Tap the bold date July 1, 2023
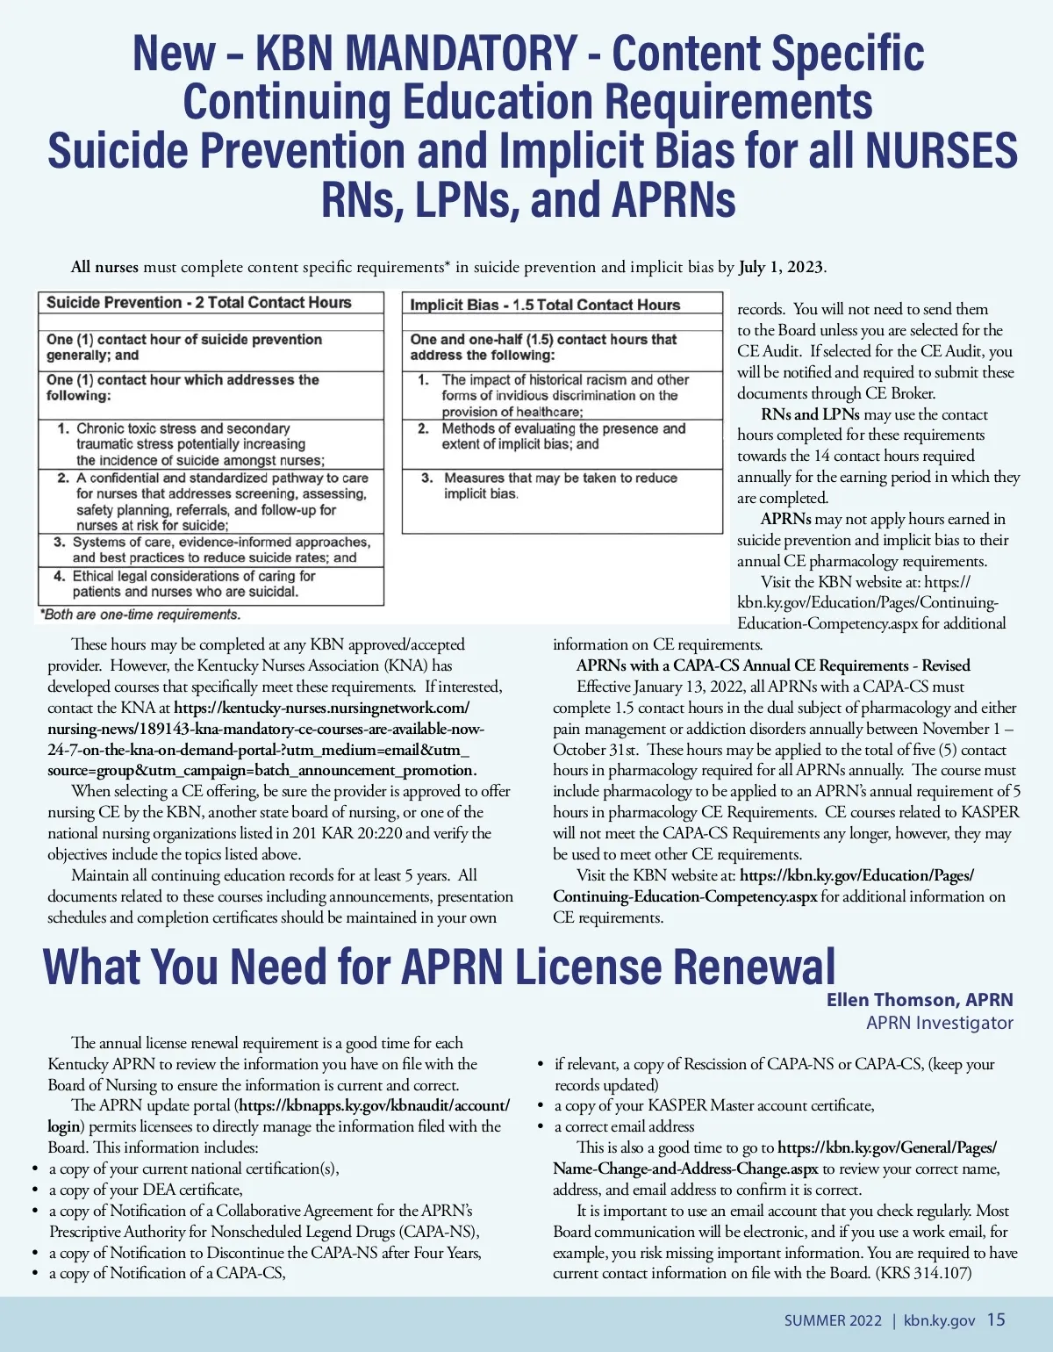781,267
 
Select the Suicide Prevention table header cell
198,303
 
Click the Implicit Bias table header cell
545,305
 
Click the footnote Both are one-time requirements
140,615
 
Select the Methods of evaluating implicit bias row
562,436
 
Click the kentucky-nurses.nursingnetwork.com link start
321,708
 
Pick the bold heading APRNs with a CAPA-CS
773,665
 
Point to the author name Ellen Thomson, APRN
919,1000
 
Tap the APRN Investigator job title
939,1023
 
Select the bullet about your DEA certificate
146,1190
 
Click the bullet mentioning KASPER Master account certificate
714,1105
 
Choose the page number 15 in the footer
996,1320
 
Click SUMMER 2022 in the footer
833,1320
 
